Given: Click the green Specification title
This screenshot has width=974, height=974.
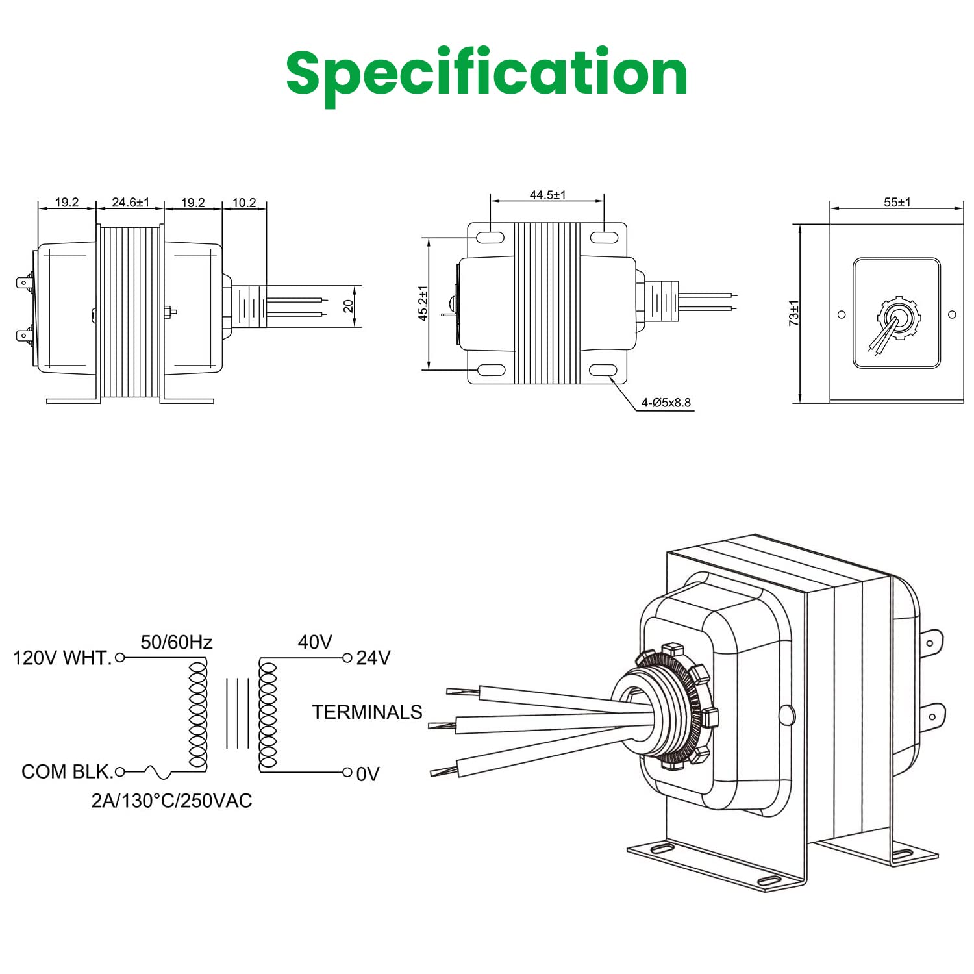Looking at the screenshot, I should coord(487,73).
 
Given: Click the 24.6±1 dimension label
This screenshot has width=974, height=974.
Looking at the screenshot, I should coord(131,202).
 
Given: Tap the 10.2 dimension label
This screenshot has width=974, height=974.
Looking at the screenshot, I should coord(244,203).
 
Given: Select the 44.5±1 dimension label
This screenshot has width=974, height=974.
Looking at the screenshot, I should coord(547,195).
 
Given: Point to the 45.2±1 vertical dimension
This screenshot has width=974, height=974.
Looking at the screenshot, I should coord(423,303).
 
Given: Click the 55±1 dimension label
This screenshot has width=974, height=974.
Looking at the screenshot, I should coord(897,202).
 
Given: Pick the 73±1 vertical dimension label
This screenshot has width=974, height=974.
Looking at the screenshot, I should coord(793,312).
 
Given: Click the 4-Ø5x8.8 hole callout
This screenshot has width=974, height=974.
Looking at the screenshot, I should coord(666,403).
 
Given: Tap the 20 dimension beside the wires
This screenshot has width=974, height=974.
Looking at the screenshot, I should coord(349,305).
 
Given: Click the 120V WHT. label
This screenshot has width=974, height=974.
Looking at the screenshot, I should coord(62,658).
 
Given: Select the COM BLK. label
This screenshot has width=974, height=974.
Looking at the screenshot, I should coord(67,772).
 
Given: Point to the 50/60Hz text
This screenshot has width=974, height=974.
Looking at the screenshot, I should coord(177,642).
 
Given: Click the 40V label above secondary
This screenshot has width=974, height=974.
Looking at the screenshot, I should coord(315,642).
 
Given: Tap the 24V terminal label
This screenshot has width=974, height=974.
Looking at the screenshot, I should coord(373,658).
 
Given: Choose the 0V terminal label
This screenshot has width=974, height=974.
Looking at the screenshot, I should coord(368,774).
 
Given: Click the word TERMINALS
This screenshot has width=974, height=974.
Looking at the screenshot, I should coord(367,712).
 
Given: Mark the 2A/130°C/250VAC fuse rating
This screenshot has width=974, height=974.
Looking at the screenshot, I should coord(171,801).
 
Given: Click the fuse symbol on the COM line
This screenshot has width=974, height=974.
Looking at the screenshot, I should coord(157,772).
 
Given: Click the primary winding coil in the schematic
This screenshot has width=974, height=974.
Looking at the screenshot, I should coord(197,714).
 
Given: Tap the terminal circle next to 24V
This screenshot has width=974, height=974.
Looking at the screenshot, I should coord(347,658).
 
